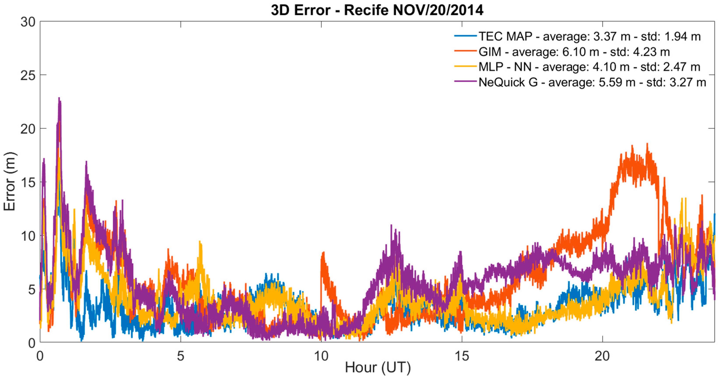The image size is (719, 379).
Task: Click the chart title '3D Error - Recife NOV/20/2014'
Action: [377, 10]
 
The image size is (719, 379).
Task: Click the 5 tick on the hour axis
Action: [181, 356]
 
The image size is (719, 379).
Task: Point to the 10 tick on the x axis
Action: [321, 356]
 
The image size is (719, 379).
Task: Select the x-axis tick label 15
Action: [462, 356]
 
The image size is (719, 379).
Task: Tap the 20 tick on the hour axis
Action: [603, 356]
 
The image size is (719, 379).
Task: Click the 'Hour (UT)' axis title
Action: [378, 368]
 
